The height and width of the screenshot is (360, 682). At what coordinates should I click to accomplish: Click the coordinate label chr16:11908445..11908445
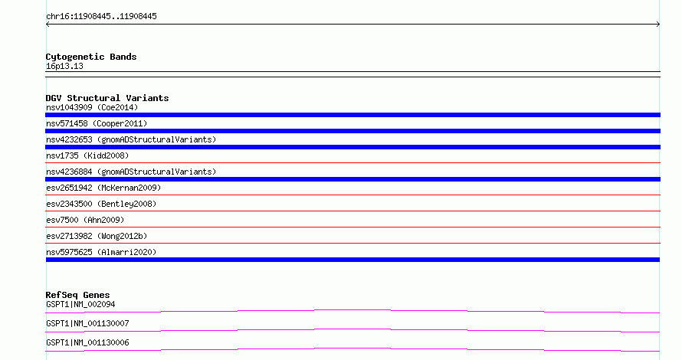101,17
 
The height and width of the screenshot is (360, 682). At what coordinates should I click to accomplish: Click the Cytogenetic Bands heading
91,57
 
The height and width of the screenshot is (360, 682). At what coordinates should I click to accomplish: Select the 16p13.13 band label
64,66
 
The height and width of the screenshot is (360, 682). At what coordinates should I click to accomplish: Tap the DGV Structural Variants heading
107,98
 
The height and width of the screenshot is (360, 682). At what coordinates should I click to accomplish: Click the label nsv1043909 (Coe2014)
92,107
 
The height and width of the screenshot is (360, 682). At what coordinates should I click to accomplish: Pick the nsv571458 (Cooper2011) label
97,123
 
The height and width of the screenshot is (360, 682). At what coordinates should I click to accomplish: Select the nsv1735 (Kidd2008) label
87,155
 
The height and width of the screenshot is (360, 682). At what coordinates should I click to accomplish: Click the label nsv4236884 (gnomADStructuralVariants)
131,172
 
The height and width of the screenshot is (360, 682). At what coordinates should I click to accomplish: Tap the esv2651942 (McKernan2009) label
103,188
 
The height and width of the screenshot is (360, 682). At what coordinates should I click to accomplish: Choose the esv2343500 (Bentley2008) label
101,204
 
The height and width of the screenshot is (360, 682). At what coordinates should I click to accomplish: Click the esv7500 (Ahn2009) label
85,220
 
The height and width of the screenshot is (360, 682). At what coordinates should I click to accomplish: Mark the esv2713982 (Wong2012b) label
97,236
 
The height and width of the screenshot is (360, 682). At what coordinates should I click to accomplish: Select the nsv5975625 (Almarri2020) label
101,252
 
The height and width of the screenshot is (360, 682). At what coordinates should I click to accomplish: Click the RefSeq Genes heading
77,295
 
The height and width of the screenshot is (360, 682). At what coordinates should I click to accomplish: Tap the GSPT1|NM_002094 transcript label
80,304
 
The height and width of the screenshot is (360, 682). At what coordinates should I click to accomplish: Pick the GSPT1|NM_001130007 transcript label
87,323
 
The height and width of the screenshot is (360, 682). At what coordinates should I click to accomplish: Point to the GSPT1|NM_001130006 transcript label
87,342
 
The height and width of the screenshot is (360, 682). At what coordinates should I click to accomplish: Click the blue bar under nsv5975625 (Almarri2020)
352,260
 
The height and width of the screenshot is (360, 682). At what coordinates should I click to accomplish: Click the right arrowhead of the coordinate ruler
658,25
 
